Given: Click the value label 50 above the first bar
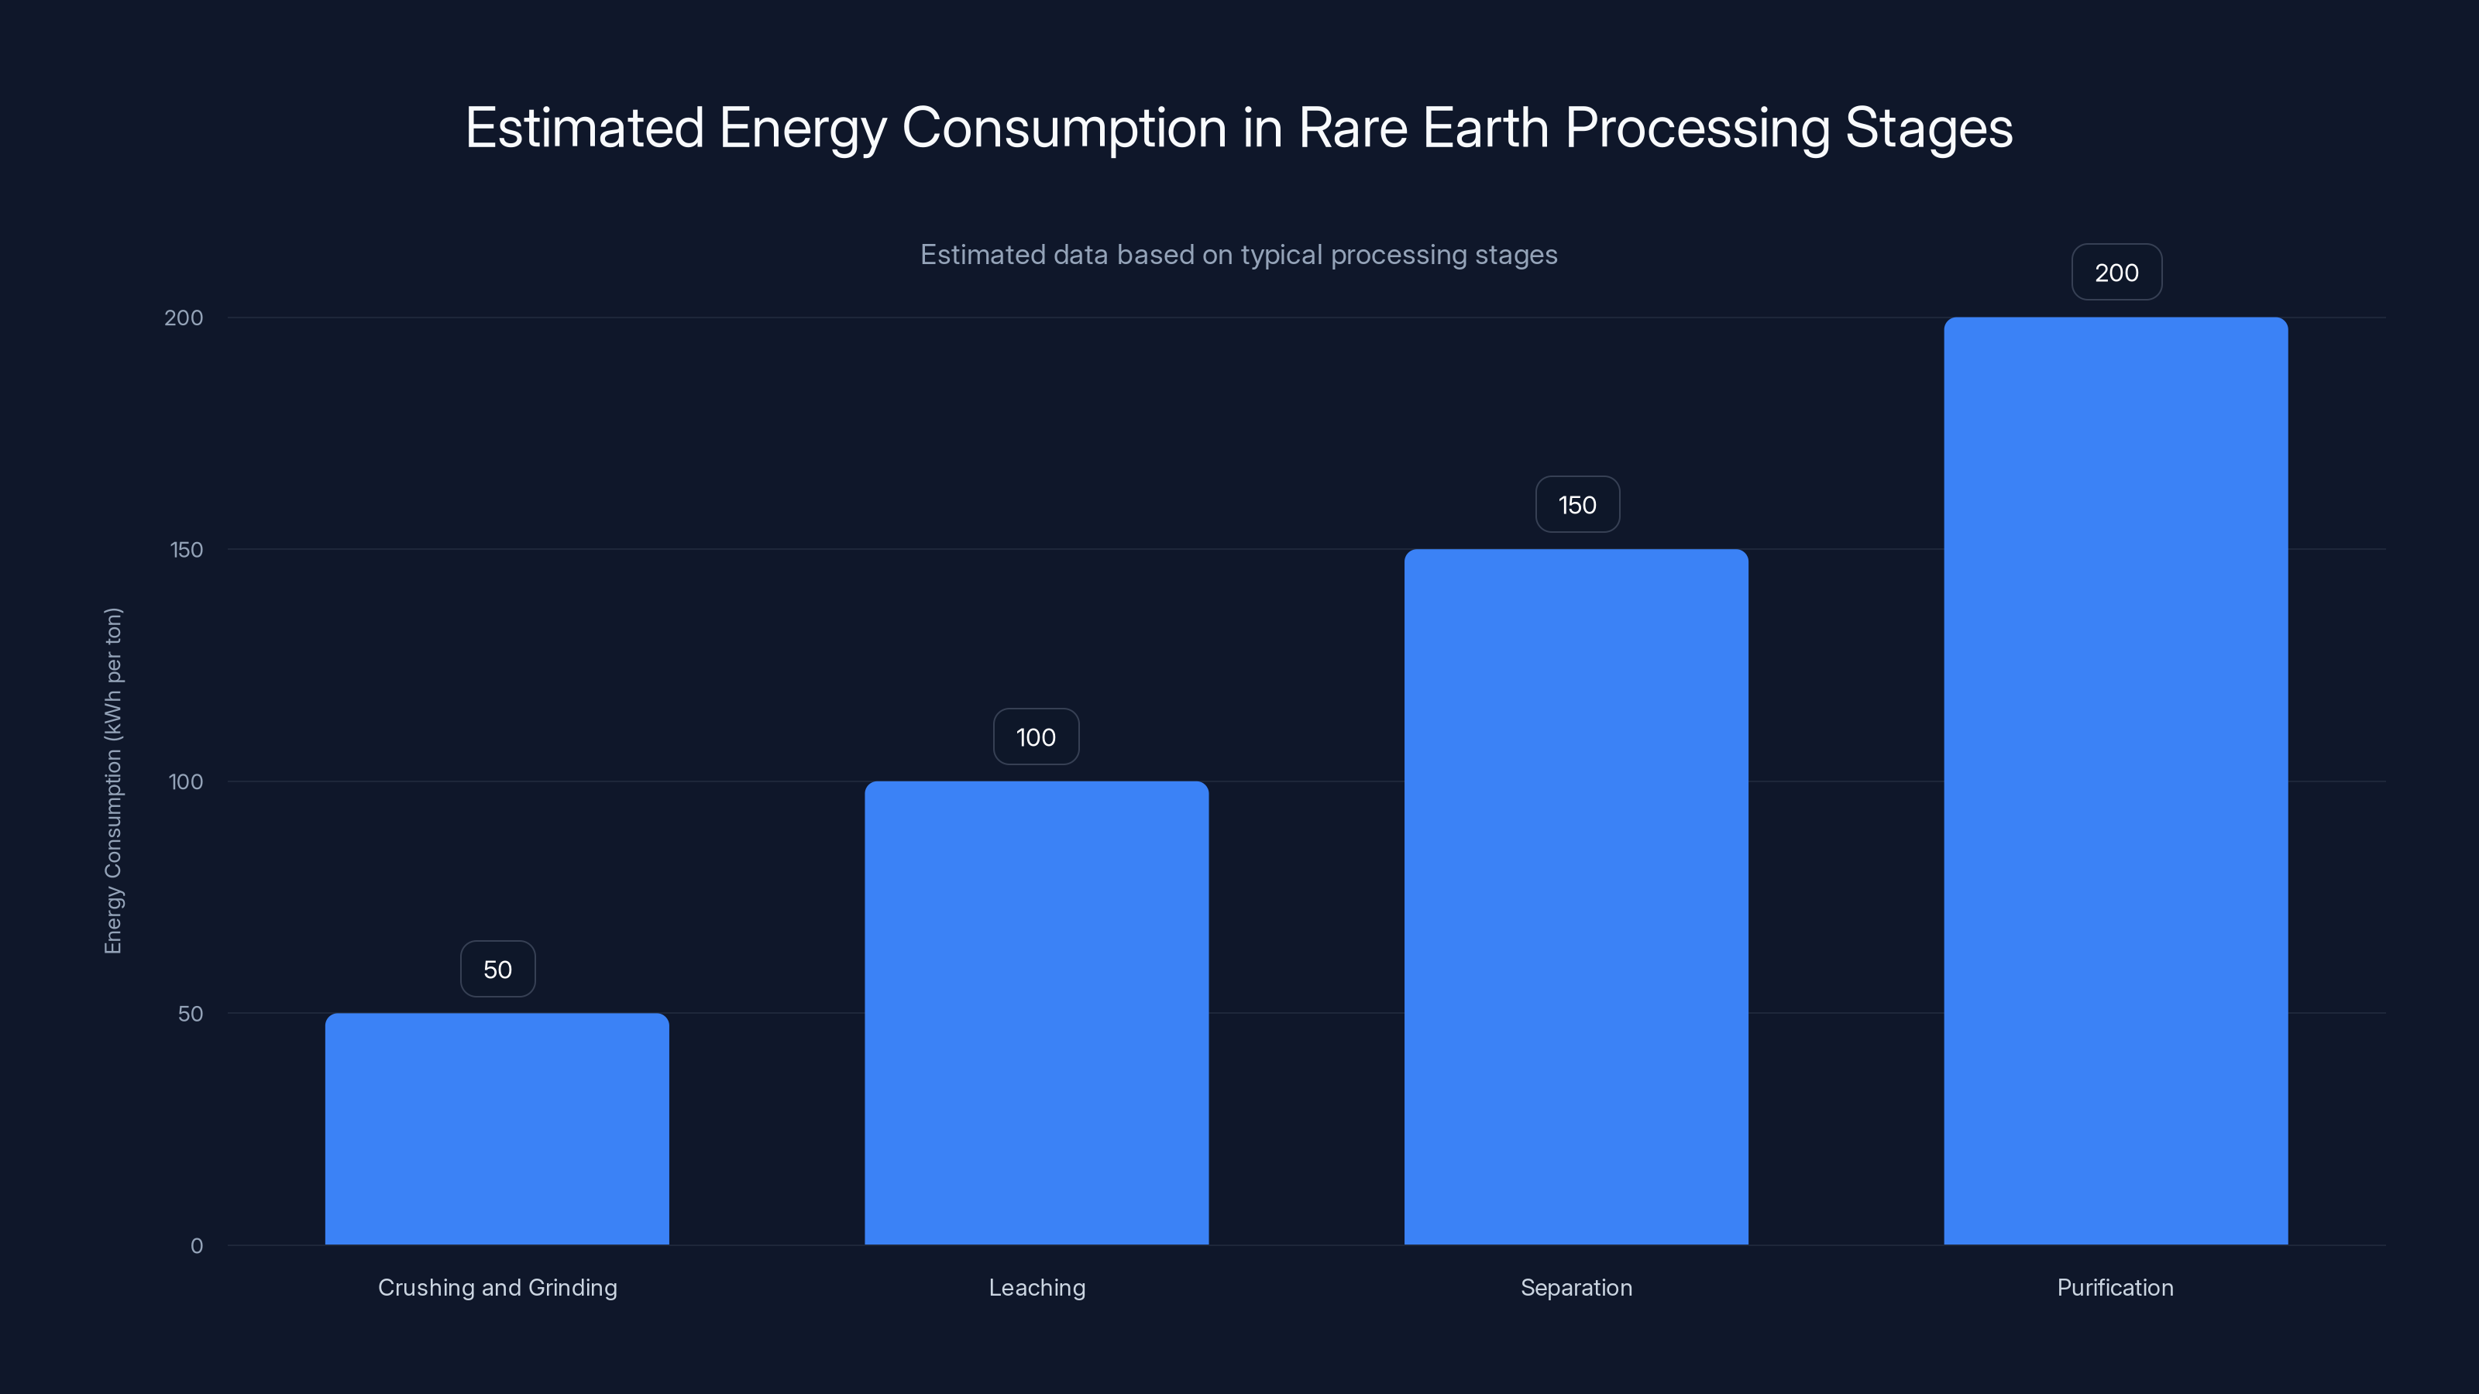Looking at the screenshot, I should (x=497, y=969).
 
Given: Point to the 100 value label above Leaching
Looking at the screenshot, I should (x=1036, y=737).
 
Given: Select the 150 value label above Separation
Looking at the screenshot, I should (x=1577, y=505).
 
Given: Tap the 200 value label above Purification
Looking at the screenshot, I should (x=2116, y=273).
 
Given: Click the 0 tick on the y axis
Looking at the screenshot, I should (x=196, y=1246).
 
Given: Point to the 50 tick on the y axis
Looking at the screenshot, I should (x=190, y=1014).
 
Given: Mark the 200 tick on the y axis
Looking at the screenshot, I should (x=184, y=318).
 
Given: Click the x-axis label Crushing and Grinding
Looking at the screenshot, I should (x=497, y=1287).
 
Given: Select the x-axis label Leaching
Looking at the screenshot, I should (x=1037, y=1287).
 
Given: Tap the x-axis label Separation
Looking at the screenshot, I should (x=1576, y=1287).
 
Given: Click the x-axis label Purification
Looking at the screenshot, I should (x=2114, y=1287).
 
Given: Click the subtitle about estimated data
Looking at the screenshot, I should (x=1239, y=255).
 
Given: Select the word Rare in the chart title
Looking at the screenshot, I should (x=1352, y=128).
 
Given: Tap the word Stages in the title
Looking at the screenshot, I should (x=1927, y=128).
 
